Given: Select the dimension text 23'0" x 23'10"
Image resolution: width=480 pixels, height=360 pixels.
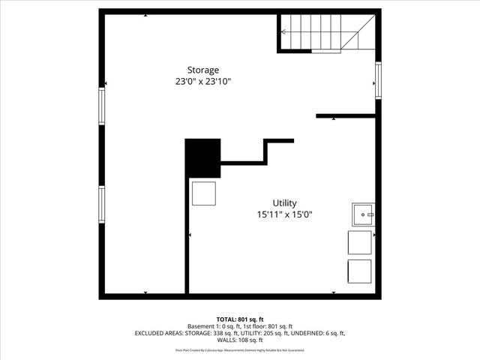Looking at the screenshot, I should point(198,82).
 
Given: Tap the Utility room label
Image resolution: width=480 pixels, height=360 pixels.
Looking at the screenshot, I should point(284,202).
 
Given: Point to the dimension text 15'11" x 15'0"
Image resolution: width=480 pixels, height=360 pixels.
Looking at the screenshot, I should point(284,214).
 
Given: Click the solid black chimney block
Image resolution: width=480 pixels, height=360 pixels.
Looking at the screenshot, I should point(202,158).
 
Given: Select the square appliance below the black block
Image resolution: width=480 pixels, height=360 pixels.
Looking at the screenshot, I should point(203,193).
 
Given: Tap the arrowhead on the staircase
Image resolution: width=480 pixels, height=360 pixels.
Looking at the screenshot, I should point(283,32).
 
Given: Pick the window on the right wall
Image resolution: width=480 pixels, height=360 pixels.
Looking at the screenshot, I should point(378,79).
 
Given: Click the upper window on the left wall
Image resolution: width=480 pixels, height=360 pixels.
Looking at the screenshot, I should point(102,106).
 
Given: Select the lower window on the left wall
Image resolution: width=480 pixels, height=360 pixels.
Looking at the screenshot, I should point(102,205).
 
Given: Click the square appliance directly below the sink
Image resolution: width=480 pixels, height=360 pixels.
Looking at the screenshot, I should point(359,243).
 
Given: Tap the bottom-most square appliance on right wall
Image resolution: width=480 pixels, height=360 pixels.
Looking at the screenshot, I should point(359,271).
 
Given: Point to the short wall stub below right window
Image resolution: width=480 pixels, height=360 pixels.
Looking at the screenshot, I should point(346,116).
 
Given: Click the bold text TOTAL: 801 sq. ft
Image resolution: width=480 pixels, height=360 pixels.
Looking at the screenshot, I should point(240,319).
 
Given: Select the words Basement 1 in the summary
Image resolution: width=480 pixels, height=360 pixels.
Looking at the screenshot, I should point(202,326).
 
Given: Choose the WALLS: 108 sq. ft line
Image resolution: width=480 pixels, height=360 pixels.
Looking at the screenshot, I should point(240,340).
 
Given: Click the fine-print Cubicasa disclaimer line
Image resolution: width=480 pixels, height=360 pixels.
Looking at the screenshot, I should point(240,350).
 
